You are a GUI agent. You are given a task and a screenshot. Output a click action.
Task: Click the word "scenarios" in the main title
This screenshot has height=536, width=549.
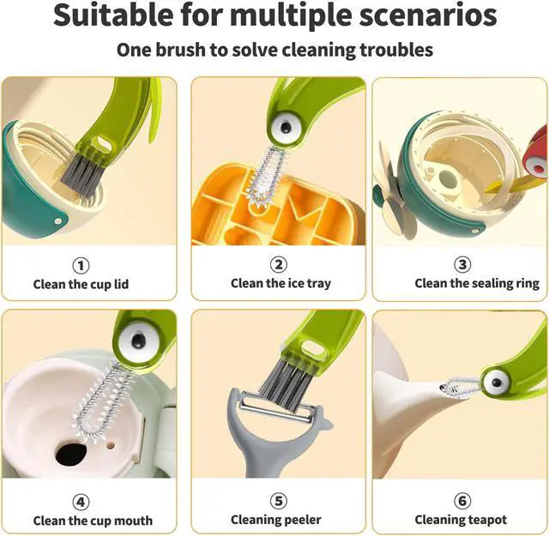pos(427,15)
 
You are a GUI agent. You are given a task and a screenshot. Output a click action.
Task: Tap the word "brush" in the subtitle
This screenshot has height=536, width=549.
pos(180,50)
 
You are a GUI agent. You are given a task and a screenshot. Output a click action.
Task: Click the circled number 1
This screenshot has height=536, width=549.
pos(81,266)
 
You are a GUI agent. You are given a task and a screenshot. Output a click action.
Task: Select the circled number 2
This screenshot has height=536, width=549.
pos(279,264)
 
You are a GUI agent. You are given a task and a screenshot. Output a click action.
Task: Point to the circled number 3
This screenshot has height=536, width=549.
pos(462,264)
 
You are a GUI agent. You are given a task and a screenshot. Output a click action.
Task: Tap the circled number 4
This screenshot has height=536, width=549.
pos(81,502)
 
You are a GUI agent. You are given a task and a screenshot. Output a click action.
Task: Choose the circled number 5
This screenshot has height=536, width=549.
pos(279,501)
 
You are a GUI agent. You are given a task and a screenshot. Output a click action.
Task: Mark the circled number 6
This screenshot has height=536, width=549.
pos(462,501)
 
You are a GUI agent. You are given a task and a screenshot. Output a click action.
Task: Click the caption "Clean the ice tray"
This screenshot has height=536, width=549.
pos(281,283)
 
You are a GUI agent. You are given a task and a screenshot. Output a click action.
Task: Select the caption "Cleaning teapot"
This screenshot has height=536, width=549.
pos(461,520)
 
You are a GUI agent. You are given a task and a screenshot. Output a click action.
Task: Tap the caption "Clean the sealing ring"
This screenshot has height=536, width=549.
pos(477,283)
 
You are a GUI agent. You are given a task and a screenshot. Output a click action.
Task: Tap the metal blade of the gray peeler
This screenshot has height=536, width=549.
pos(276,408)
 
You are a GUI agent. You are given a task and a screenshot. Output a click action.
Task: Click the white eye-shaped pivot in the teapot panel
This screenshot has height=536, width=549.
pos(496,382)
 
